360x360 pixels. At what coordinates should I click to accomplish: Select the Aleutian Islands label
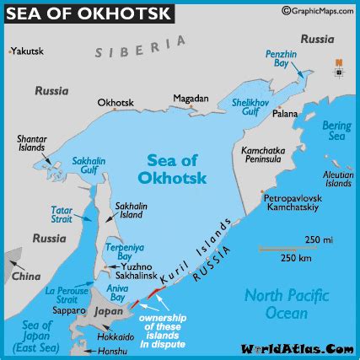[338, 177]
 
